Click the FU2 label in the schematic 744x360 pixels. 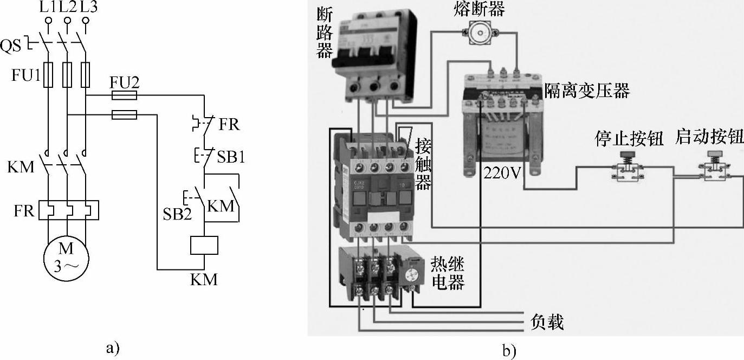click(124, 83)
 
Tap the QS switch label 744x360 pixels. click(11, 46)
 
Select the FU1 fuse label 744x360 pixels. click(25, 75)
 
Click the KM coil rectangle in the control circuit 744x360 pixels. click(204, 245)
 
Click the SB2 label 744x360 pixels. click(177, 214)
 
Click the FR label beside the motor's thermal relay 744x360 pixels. click(24, 210)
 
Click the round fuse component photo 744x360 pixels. click(478, 34)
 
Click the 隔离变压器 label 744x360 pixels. click(587, 91)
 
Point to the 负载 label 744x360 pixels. click(547, 322)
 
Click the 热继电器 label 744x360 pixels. click(448, 273)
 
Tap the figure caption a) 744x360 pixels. click(113, 348)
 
